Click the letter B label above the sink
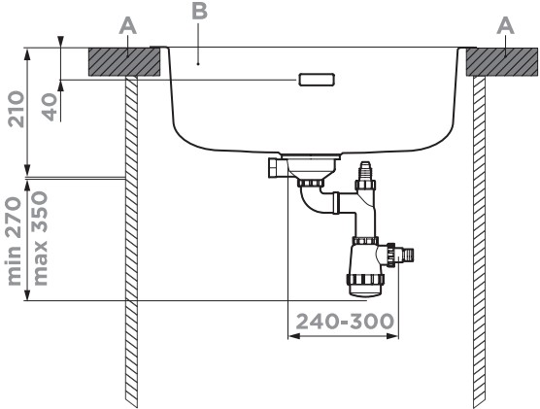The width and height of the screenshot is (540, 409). pos(199,12)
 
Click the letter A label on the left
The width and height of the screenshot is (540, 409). pos(128,26)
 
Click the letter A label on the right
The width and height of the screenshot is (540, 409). pos(505,26)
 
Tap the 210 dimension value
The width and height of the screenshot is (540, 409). pos(17,109)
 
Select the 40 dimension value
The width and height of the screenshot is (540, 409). pos(50,107)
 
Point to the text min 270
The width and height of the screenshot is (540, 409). pos(15,241)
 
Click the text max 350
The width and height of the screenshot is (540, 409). pos(39,238)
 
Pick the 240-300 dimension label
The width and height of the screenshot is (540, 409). pos(345,322)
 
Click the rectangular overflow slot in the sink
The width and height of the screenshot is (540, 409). pos(317,80)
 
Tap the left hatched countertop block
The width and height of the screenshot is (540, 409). pos(124,62)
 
